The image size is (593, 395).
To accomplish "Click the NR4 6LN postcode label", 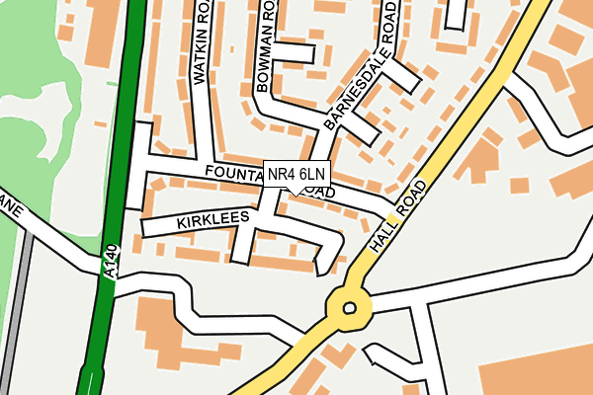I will pos(296,175).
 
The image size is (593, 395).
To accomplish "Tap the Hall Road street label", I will pos(400,216).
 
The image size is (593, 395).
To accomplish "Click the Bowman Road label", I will pos(264,47).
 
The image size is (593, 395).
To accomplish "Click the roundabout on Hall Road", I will pos(348,308).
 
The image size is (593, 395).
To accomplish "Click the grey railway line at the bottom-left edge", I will pos(15,336).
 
